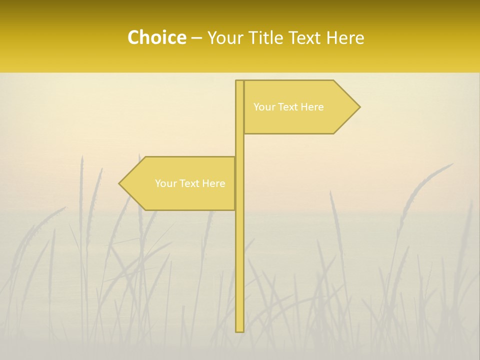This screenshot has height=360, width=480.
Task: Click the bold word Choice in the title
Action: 156,37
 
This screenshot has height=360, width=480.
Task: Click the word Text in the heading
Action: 304,37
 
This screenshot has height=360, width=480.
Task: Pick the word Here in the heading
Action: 345,37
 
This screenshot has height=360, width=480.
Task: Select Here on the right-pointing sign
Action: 311,107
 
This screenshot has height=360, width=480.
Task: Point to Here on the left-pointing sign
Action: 213,183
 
